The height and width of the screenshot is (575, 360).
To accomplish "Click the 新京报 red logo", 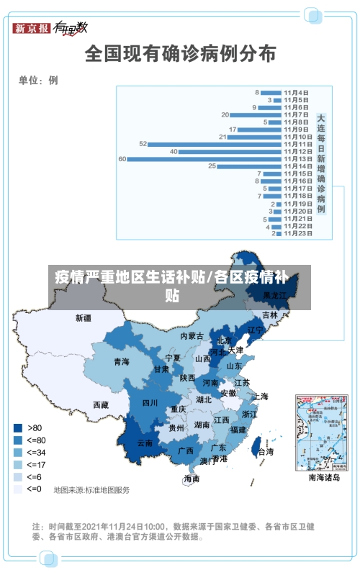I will pos(32,28).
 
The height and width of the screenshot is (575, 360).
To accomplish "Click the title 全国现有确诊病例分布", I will pos(180,53).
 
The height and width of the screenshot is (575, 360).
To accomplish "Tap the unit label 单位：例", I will pos(38,81).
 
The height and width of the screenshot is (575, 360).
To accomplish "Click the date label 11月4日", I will pos(296,92).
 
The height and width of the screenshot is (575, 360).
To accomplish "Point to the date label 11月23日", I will pos(297,233).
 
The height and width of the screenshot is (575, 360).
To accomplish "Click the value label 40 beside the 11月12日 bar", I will pos(174,151).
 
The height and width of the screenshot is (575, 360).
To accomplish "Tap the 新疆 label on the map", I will pos(84,317).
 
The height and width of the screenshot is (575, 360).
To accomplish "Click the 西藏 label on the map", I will pos(101,405).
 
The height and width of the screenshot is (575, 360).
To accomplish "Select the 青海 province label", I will pos(122,361).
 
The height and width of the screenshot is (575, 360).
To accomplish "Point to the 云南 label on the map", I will pos(145,443).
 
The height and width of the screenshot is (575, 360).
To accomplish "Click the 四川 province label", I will pos(150,403).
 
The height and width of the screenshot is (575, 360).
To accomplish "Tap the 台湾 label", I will pos(266,452).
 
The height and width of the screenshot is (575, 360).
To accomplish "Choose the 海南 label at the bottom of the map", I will pos(192,478).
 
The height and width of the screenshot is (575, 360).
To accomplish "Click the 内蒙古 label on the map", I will pos(192,336).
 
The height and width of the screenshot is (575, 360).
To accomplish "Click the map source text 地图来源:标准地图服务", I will pos(92,490).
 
